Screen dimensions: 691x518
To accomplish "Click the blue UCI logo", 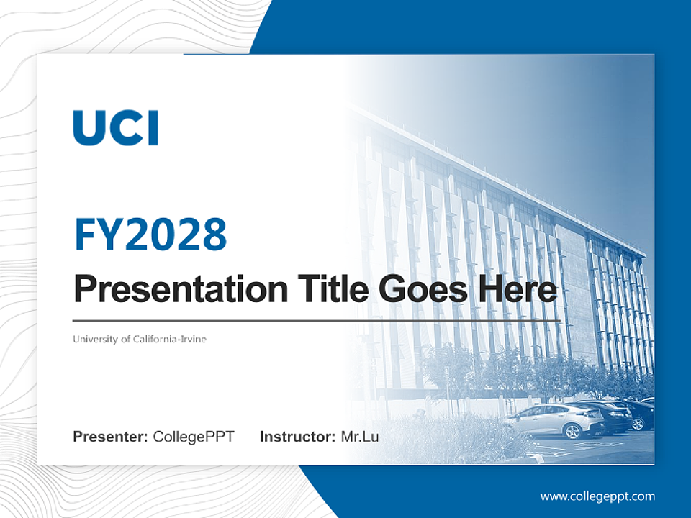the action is [115, 128].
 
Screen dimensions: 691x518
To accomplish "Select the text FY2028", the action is [150, 234].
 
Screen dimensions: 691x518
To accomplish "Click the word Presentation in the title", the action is [181, 290].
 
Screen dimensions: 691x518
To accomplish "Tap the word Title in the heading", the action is [333, 288].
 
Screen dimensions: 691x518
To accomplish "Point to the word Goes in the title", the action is [423, 289].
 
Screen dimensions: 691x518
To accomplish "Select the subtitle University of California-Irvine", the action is [139, 339].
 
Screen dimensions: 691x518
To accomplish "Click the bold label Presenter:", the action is [110, 437].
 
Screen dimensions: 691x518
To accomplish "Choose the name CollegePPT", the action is [194, 437].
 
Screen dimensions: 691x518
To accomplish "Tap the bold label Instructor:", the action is [297, 437].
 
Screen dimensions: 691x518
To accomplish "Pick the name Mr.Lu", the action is [360, 437].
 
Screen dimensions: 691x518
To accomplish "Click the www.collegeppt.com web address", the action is [597, 497].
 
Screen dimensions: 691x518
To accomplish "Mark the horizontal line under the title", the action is [317, 321].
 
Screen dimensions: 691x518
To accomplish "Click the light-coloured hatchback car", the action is [554, 421].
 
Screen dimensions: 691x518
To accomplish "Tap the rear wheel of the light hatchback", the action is [572, 431].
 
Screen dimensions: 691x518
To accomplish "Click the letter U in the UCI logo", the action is [87, 128].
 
